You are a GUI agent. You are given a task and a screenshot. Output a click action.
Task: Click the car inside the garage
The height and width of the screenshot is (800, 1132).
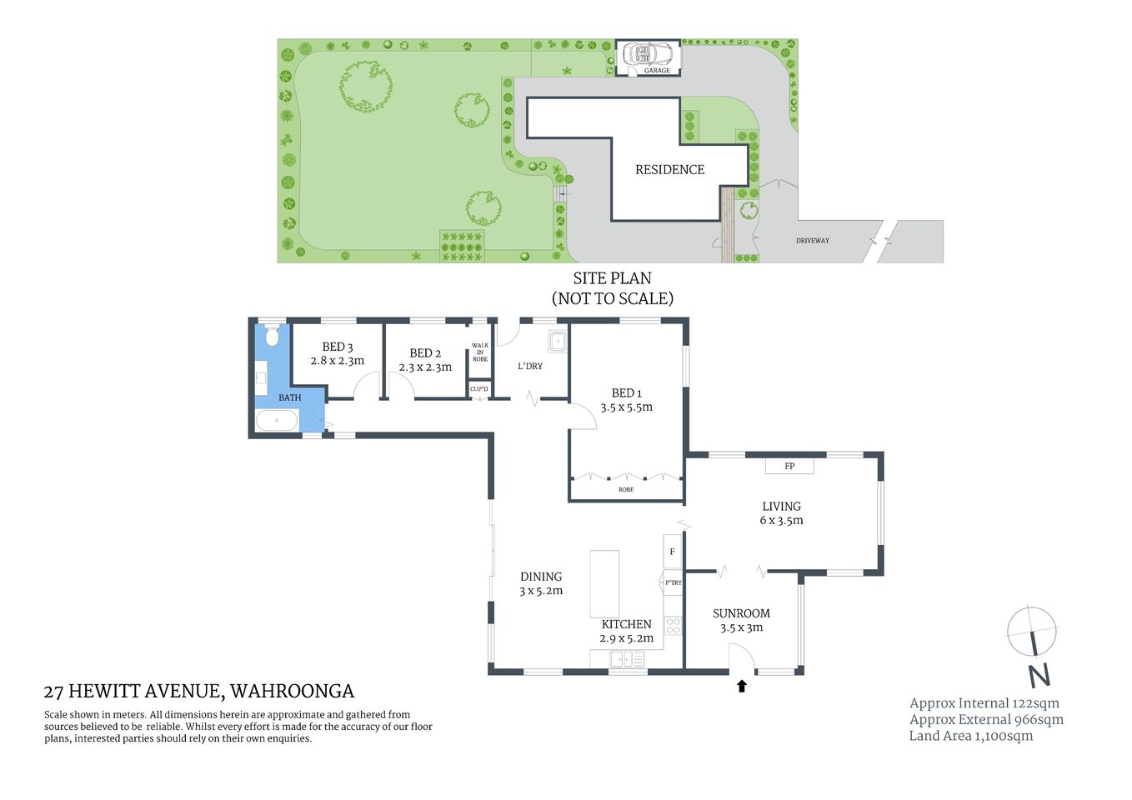coord(648,54)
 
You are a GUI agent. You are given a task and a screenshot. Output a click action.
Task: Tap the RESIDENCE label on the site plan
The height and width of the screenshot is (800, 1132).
coord(669,169)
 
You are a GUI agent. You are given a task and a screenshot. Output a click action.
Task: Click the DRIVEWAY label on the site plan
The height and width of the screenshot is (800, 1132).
coord(812,240)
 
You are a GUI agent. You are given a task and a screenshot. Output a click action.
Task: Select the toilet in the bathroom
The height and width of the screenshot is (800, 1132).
coord(271,337)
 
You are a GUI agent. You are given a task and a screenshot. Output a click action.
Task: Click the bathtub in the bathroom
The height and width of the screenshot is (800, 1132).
coord(277,420)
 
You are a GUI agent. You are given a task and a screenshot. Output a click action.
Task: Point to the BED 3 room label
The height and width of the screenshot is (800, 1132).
coord(338,347)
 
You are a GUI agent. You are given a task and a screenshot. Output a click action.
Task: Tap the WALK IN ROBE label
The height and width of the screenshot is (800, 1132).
coord(480,352)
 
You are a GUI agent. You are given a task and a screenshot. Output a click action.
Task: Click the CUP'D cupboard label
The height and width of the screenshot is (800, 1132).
coord(479,389)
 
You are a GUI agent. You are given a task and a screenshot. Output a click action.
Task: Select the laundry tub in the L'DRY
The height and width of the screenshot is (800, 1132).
coord(557,341)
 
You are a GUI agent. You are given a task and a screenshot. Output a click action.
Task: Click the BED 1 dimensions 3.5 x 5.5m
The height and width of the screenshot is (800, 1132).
coord(626,407)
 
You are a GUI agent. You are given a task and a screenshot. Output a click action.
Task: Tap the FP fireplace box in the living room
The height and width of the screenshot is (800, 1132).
coord(789,466)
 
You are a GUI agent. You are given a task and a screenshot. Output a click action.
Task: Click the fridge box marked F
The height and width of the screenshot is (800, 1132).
coord(673,552)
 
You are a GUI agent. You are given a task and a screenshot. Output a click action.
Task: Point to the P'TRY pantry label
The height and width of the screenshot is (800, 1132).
coord(673,582)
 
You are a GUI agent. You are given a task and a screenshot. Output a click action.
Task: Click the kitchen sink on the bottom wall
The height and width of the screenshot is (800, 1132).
coord(627,659)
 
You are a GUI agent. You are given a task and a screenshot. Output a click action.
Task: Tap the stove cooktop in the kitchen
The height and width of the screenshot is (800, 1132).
coord(674,625)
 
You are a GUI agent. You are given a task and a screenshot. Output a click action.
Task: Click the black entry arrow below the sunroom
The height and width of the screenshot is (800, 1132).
coord(741,686)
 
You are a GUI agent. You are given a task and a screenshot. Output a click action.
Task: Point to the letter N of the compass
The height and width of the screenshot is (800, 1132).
coord(1039,674)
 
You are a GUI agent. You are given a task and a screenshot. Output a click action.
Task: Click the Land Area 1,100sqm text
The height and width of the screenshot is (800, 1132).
coord(970,736)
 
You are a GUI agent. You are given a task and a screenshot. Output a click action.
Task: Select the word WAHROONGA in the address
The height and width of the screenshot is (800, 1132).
coord(292,691)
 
